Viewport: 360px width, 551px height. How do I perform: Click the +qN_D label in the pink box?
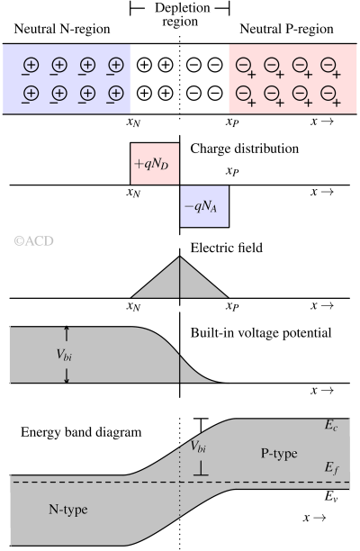(155, 165)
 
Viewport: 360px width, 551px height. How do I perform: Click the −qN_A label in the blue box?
(203, 206)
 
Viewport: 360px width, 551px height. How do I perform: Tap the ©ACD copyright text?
(34, 240)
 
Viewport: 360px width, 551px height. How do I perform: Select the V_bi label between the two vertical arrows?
(65, 355)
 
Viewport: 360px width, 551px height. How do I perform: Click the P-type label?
(279, 453)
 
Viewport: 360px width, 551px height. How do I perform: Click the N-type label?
(68, 510)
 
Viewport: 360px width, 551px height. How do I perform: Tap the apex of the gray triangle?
(180, 260)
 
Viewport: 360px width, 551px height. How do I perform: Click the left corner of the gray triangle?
(134, 296)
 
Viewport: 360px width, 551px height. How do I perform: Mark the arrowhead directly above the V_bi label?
(66, 331)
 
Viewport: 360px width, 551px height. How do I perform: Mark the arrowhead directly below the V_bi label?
(66, 378)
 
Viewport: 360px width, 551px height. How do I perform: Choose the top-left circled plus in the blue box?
(31, 65)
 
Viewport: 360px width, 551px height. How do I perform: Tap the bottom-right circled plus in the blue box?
(116, 93)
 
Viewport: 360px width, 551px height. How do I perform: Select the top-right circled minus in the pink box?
(328, 65)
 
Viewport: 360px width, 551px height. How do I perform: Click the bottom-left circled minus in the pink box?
(243, 93)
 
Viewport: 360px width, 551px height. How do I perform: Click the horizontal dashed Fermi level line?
(90, 483)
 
